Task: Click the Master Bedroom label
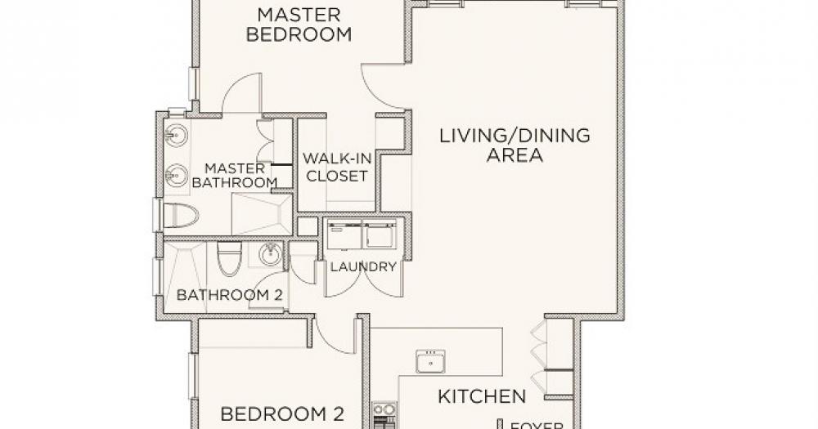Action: [299, 25]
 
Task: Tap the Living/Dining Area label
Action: [515, 145]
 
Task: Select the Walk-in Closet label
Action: [336, 168]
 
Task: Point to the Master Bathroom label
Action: [235, 176]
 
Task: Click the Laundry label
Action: [363, 267]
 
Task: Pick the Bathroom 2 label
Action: [230, 295]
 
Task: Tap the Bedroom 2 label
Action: [282, 415]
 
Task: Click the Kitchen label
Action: [482, 396]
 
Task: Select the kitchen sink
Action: [430, 361]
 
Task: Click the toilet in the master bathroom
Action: [181, 215]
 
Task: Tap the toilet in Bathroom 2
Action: [229, 258]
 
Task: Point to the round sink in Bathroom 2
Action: [270, 254]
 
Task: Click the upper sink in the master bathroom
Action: [176, 136]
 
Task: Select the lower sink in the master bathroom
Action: [177, 175]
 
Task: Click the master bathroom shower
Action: [262, 214]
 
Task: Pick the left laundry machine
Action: [344, 235]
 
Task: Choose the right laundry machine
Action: [380, 234]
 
